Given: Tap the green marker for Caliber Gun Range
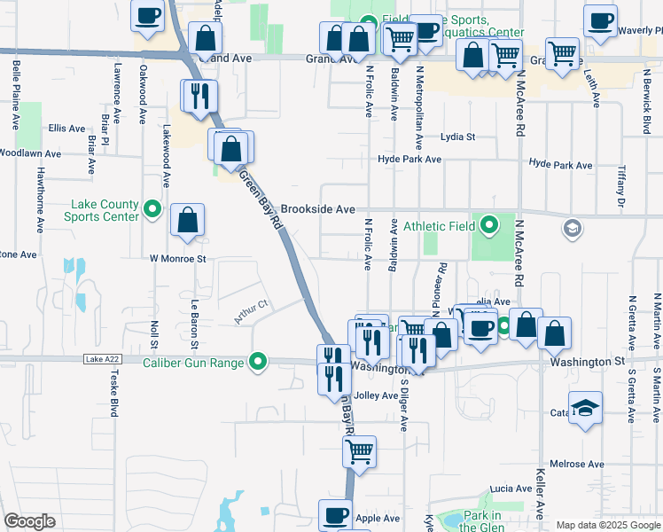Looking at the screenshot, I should [258, 361].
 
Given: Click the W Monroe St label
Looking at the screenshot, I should [177, 259].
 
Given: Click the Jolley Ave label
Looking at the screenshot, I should [376, 395].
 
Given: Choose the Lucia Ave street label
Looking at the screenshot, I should [511, 489].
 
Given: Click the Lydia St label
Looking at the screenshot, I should [458, 137].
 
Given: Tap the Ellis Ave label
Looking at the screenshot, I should [67, 128].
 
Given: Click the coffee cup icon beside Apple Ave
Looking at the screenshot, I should [336, 514].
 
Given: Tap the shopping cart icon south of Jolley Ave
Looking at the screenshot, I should [359, 451].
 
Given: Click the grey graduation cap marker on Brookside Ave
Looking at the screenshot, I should [572, 229].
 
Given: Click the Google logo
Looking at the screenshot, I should [29, 521].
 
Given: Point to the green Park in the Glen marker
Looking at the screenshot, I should [452, 520].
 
